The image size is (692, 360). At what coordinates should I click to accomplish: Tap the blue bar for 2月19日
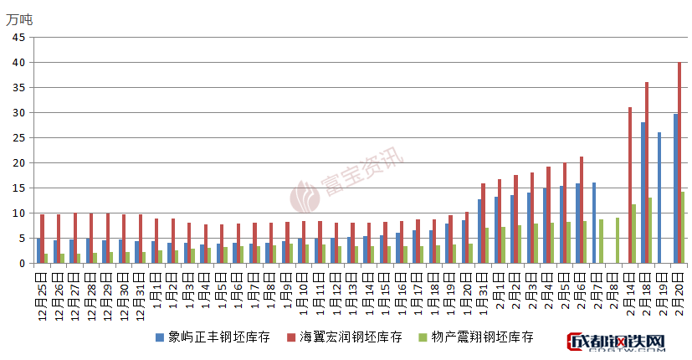coord(659,198)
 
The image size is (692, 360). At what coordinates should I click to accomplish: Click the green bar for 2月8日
coord(618,240)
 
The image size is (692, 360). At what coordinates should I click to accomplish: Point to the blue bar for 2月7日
coord(594,223)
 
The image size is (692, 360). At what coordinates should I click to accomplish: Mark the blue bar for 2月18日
coord(643,193)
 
